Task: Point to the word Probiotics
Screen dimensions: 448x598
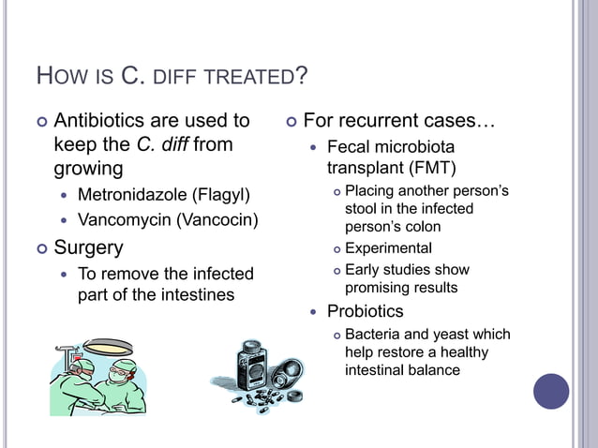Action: pyautogui.click(x=365, y=311)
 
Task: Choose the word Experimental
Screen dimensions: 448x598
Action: pyautogui.click(x=388, y=248)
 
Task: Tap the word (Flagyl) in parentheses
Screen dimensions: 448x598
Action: pyautogui.click(x=221, y=196)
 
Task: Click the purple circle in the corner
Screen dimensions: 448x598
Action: pyautogui.click(x=551, y=391)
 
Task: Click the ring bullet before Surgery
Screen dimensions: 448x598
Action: pyautogui.click(x=40, y=248)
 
